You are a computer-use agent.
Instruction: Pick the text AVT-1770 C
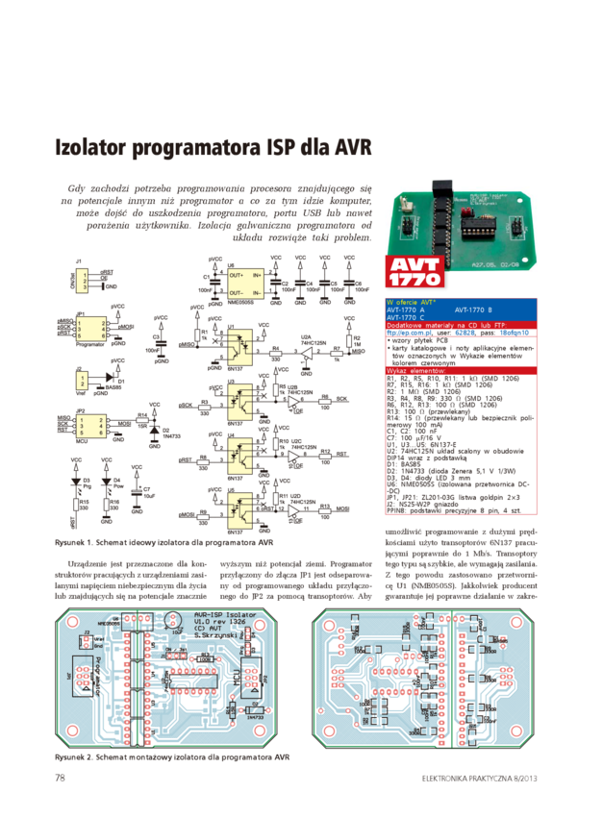pos(405,318)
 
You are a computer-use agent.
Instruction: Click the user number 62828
pos(465,333)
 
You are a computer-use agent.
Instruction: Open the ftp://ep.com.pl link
pos(404,333)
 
